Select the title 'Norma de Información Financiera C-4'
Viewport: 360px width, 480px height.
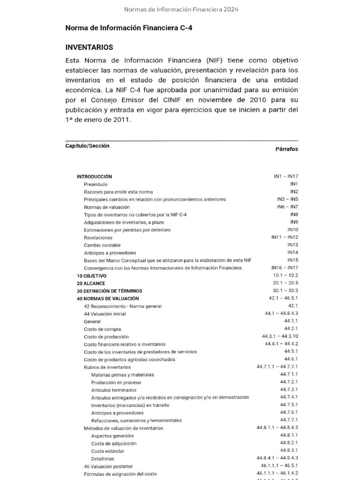click(x=128, y=28)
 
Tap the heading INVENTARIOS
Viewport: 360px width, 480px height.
click(x=89, y=47)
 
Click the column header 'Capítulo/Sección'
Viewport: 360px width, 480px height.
click(x=87, y=146)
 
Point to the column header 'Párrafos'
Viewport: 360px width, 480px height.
click(x=286, y=149)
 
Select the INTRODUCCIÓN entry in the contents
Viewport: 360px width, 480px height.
click(x=94, y=177)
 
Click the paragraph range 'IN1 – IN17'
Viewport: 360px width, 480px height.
click(x=286, y=177)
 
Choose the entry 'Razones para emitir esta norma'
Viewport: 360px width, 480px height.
click(x=118, y=192)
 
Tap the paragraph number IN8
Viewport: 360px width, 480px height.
click(x=294, y=215)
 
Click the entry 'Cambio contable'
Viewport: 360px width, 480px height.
click(x=102, y=245)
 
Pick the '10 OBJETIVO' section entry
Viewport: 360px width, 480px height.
click(x=91, y=276)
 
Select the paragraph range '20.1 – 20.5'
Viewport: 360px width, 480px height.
click(x=285, y=283)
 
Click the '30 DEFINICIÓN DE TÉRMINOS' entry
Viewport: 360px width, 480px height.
click(x=109, y=291)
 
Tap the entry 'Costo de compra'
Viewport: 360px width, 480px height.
click(x=102, y=329)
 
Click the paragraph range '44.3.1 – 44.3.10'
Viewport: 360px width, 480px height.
click(x=280, y=337)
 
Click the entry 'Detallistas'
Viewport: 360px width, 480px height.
click(x=102, y=458)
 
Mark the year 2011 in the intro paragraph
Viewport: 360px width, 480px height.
click(x=122, y=120)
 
